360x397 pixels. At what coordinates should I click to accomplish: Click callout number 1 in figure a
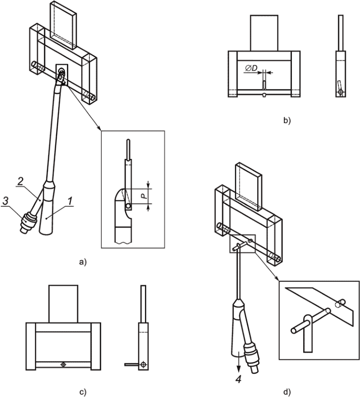tap(70, 201)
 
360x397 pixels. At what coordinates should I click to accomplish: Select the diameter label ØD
tap(251, 68)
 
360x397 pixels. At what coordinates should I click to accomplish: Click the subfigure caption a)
tap(83, 262)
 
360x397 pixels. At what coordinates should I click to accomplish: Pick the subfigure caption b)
tap(287, 120)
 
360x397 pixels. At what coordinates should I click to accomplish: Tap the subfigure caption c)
tap(83, 392)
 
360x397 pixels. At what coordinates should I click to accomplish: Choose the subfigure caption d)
tap(287, 392)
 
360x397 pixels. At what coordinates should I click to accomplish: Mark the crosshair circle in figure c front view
tap(63, 365)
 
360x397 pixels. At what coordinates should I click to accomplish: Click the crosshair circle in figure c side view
tap(143, 365)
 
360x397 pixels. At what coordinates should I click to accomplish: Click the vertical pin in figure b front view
tap(264, 85)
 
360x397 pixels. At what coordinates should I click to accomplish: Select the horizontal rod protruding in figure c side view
tap(132, 365)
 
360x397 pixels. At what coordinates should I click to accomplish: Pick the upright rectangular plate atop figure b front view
tap(264, 33)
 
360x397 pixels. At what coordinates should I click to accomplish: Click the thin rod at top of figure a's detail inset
tap(129, 150)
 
